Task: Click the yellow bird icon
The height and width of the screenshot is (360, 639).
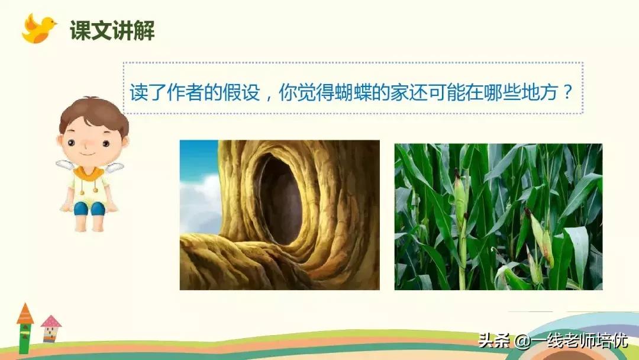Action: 38,29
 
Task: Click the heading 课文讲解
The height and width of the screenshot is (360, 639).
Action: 112,30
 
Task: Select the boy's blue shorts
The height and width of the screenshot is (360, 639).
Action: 89,207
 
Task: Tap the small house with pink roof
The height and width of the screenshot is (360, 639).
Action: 51,329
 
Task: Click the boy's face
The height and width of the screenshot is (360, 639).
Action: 89,142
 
